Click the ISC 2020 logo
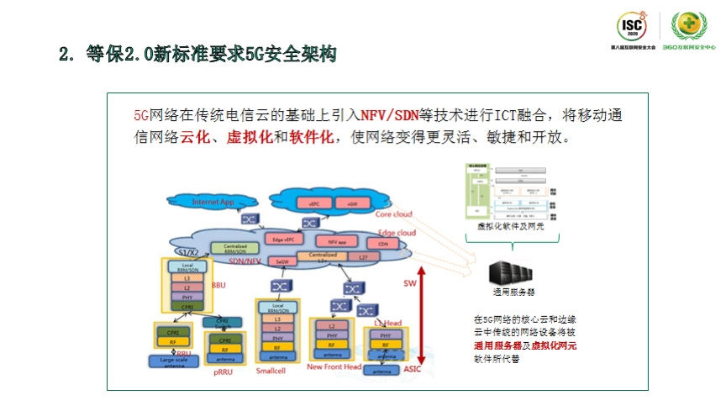(632, 29)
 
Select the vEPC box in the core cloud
(314, 203)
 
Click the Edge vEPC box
(289, 240)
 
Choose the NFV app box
(338, 240)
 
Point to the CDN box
(383, 243)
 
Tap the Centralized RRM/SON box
(229, 249)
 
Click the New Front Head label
(334, 366)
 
